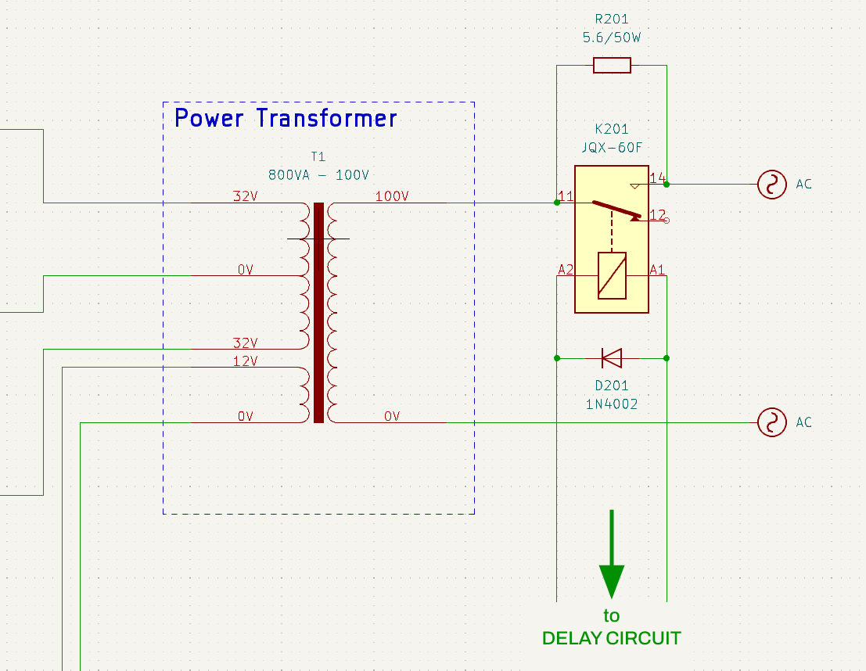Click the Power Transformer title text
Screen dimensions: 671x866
tap(286, 118)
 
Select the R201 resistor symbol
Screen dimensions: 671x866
tap(612, 66)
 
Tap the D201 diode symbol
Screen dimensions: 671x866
tap(612, 358)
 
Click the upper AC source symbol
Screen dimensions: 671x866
tap(771, 185)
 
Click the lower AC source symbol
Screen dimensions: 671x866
tap(771, 422)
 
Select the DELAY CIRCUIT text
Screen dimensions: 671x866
tap(612, 638)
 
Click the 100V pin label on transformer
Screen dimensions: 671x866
tap(392, 196)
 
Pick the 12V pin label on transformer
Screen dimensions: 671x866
tap(245, 361)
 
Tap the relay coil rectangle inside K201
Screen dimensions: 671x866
tap(612, 276)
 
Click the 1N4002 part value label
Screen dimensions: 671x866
tap(612, 404)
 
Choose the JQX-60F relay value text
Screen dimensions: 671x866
tap(612, 148)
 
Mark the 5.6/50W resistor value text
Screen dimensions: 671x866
tap(612, 38)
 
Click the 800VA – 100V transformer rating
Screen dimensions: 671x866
tap(318, 174)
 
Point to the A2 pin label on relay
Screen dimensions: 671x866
tap(566, 270)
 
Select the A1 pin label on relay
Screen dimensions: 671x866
tap(657, 270)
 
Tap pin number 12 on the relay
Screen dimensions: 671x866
tap(657, 214)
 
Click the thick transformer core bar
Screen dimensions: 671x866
tap(318, 313)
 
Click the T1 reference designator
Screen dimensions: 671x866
tap(318, 156)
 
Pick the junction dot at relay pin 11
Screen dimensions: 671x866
tap(557, 203)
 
